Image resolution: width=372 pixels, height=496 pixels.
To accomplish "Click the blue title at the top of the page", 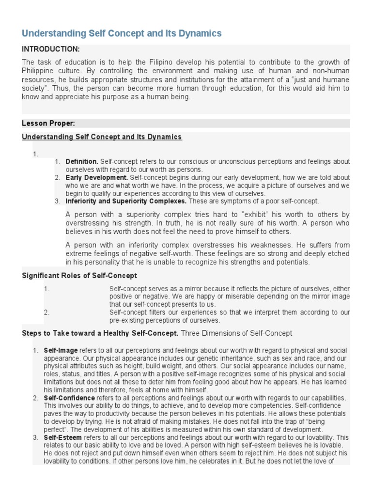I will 122,33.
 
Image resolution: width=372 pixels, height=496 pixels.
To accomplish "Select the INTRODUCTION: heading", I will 50,49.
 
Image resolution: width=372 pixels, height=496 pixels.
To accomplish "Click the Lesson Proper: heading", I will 48,124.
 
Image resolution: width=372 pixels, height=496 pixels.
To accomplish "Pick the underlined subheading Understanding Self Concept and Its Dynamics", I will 102,137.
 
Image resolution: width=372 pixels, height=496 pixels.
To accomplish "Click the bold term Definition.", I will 82,161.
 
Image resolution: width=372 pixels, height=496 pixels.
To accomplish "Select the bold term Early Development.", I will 96,177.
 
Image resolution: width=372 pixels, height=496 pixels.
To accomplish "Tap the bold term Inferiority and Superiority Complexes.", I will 126,201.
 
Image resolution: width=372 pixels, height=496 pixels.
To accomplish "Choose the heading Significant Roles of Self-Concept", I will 79,276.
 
